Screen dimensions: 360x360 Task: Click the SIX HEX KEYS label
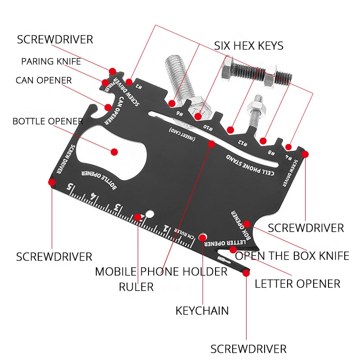248,45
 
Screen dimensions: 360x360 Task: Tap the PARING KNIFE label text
51,62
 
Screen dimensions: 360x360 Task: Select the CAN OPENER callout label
44,81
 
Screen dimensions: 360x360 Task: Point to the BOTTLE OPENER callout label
48,121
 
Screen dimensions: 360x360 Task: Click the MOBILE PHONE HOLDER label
161,271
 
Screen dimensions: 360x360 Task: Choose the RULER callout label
136,287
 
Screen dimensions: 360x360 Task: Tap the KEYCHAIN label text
202,310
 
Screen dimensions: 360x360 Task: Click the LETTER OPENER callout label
297,283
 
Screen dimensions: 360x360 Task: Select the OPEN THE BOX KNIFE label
292,256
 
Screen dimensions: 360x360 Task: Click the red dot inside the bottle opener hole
114,152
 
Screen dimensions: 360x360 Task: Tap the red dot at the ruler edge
138,217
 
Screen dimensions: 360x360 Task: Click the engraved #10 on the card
208,126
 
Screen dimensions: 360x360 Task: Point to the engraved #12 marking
243,143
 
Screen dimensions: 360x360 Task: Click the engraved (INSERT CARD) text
182,135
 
